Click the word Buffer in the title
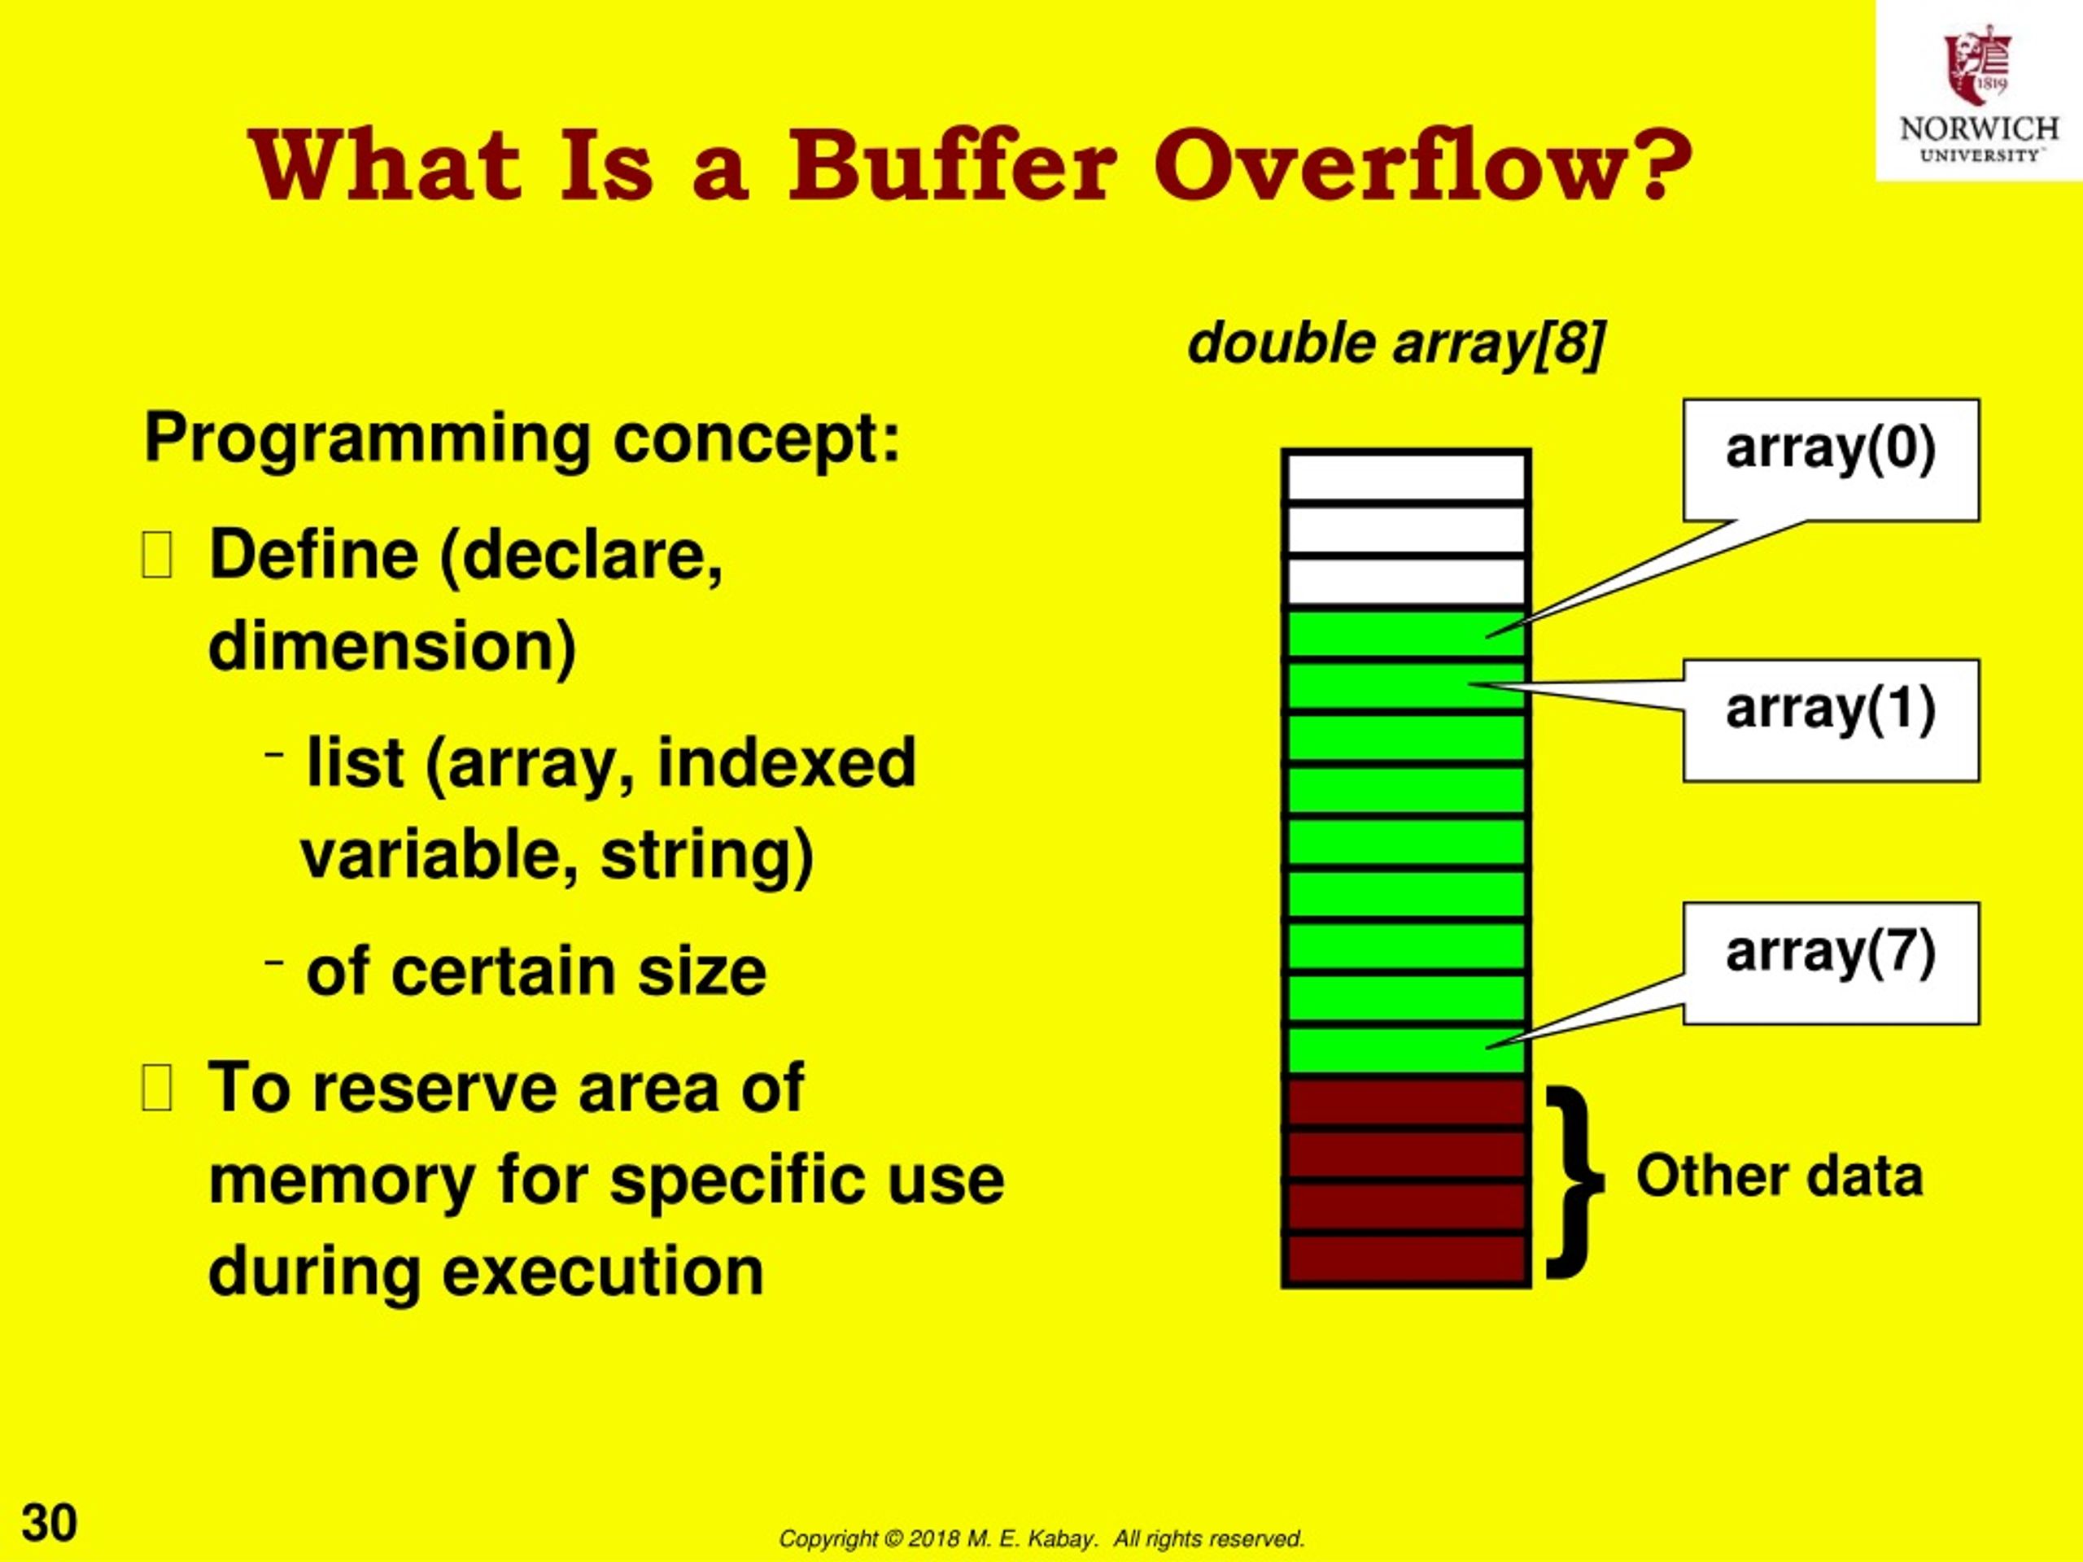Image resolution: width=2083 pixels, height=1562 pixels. coord(951,167)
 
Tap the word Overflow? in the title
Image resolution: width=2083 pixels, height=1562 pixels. coord(1422,167)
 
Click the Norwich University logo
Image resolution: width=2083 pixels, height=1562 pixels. coord(1977,92)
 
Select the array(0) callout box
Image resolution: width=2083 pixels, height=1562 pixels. coord(1831,460)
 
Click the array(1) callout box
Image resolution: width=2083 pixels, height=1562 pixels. coord(1831,720)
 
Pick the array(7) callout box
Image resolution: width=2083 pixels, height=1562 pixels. coord(1831,962)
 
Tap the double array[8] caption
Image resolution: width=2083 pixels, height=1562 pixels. coord(1395,343)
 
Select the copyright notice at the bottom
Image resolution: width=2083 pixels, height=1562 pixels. coord(1041,1538)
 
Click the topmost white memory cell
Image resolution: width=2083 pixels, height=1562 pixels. coord(1405,478)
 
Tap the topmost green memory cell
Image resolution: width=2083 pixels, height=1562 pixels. coord(1405,634)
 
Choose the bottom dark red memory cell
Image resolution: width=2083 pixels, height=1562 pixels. coord(1405,1259)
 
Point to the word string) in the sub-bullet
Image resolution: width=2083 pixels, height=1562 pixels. coord(706,855)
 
